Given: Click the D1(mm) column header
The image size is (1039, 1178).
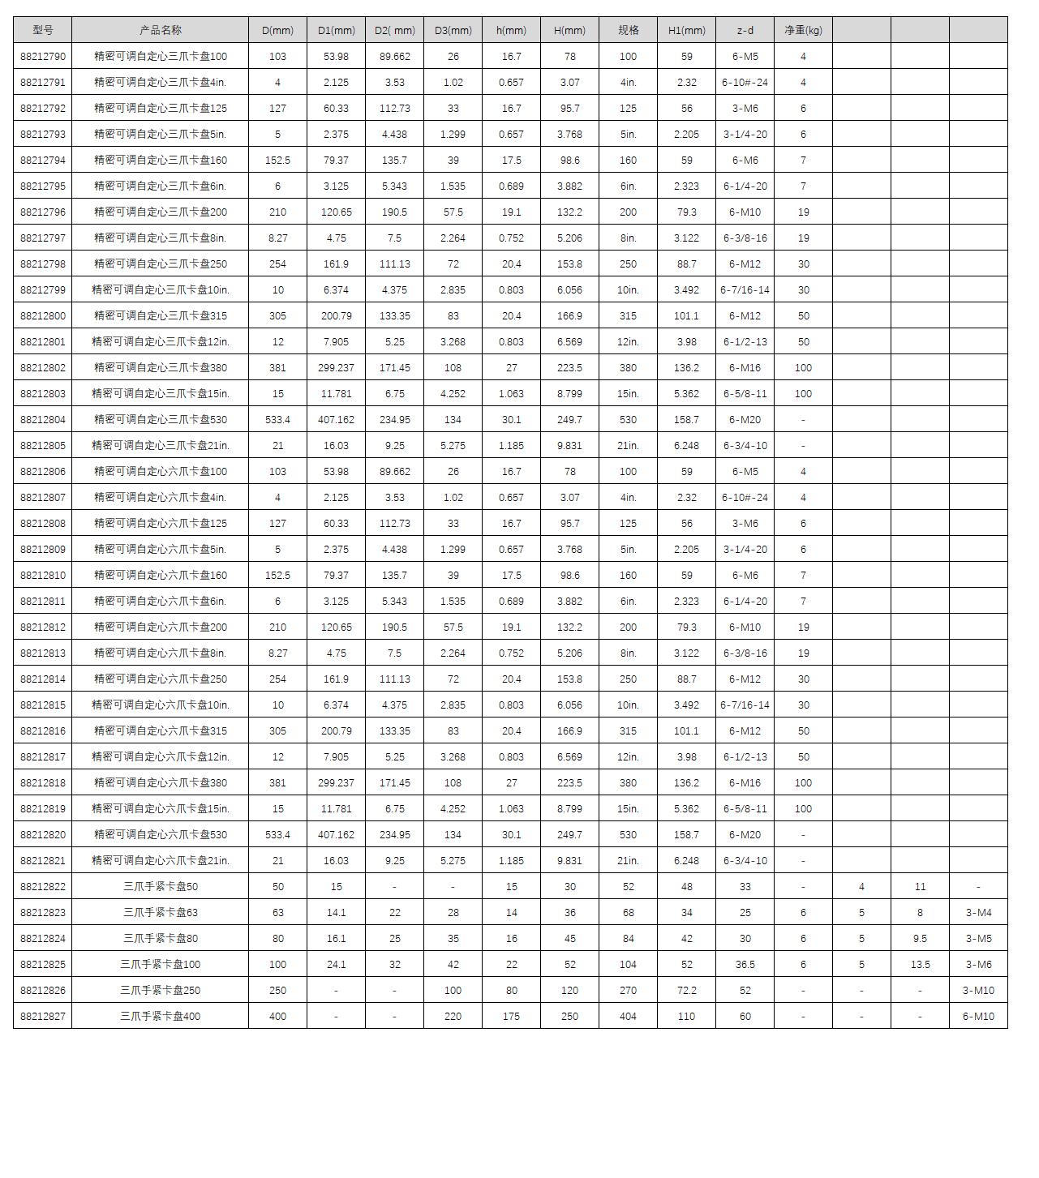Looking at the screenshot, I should (x=336, y=31).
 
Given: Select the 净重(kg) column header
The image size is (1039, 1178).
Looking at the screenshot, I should (x=803, y=31).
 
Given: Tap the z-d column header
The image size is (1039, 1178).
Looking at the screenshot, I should (x=745, y=31).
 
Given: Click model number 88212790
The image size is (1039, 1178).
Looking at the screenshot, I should (x=43, y=57).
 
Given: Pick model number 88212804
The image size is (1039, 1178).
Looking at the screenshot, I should (x=43, y=420).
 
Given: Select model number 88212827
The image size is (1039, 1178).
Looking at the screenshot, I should (x=43, y=1017).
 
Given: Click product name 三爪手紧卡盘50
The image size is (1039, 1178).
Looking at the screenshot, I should (x=161, y=887).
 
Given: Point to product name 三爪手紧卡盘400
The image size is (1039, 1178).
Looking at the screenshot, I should (x=161, y=1017).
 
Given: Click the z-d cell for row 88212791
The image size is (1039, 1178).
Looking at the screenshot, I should (x=745, y=83).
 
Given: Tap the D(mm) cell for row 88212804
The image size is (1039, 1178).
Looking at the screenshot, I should (x=277, y=420).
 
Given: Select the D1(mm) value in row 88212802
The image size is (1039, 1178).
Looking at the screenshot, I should (x=336, y=368).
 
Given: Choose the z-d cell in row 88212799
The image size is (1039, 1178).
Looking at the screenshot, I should (x=745, y=290).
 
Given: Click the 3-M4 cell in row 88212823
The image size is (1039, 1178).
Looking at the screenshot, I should (x=978, y=913).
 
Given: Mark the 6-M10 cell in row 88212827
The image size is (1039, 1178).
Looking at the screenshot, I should (x=978, y=1017).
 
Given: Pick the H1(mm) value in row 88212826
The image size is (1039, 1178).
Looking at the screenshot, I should (x=686, y=991).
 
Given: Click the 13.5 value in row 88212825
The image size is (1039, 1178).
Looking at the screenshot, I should (x=920, y=965).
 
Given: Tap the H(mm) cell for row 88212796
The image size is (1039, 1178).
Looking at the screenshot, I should (x=569, y=212).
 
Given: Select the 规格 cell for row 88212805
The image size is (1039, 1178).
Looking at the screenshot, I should (x=628, y=446).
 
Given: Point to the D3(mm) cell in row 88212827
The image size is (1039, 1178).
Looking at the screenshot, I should (x=453, y=1017).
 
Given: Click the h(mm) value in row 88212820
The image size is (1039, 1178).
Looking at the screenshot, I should (x=511, y=835).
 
